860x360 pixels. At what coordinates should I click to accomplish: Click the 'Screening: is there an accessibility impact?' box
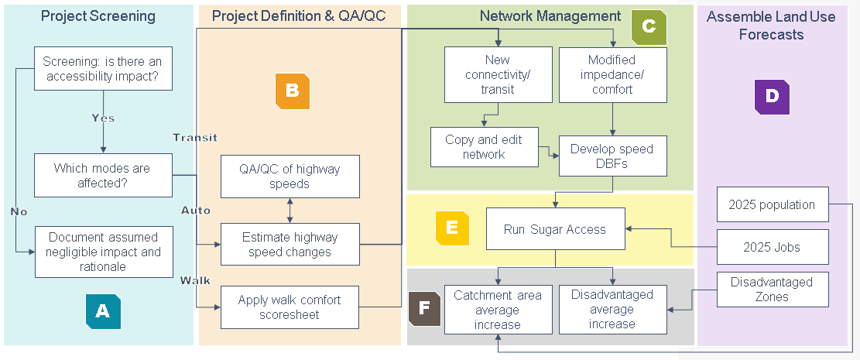pyautogui.click(x=103, y=68)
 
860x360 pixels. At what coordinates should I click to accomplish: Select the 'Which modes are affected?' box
pyautogui.click(x=103, y=175)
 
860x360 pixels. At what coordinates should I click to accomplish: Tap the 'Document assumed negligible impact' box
pyautogui.click(x=104, y=252)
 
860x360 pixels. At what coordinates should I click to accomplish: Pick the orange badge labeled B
pyautogui.click(x=292, y=91)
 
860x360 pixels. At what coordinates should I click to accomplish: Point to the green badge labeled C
pyautogui.click(x=649, y=26)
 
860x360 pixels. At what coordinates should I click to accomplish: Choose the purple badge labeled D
pyautogui.click(x=772, y=97)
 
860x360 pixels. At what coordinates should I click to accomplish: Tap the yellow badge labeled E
pyautogui.click(x=452, y=228)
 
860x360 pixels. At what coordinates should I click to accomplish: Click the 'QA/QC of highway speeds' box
pyautogui.click(x=290, y=176)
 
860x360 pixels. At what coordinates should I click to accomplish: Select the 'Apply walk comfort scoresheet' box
pyautogui.click(x=290, y=307)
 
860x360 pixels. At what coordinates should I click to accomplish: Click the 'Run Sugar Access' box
pyautogui.click(x=555, y=228)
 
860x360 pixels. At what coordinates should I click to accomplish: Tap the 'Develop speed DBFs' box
pyautogui.click(x=612, y=156)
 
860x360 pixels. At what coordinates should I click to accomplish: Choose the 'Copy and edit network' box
pyautogui.click(x=484, y=147)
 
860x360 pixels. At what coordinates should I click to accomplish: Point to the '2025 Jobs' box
pyautogui.click(x=773, y=247)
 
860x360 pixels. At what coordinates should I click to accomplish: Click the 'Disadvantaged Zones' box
pyautogui.click(x=773, y=290)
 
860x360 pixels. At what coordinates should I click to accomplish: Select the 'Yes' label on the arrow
pyautogui.click(x=103, y=118)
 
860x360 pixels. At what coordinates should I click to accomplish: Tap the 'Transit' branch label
pyautogui.click(x=194, y=137)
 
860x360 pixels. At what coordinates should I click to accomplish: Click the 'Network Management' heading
pyautogui.click(x=550, y=16)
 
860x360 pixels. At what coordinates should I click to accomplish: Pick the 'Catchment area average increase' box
pyautogui.click(x=497, y=310)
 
